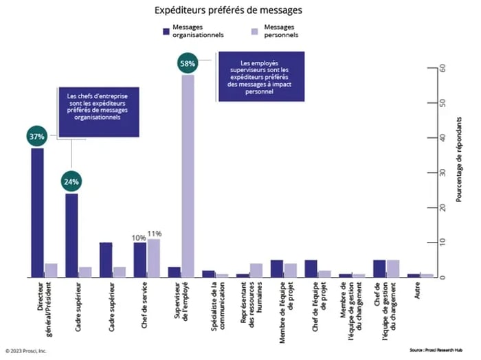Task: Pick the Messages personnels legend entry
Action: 274,30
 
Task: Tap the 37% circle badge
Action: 36,136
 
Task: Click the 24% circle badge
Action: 71,182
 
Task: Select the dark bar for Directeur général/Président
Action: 37,213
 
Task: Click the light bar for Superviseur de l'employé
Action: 188,176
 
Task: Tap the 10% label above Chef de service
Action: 139,237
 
